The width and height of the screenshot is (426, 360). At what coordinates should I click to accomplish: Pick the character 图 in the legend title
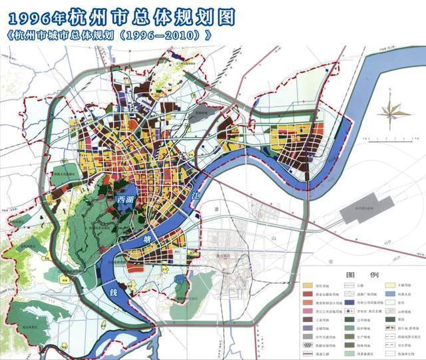click(x=350, y=275)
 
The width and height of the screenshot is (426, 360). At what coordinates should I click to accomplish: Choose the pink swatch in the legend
click(x=308, y=311)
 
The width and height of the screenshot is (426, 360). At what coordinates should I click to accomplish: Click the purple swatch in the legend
click(x=308, y=328)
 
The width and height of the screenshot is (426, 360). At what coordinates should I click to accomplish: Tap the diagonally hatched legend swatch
click(x=308, y=345)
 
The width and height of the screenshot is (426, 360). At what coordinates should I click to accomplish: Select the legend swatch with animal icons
click(x=390, y=328)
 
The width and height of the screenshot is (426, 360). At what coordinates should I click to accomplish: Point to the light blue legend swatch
click(x=390, y=293)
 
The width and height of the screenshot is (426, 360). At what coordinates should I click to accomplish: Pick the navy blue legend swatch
click(x=349, y=303)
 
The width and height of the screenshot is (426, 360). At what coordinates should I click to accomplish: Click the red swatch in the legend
click(x=308, y=293)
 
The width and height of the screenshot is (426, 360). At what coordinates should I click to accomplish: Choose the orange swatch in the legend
click(x=308, y=303)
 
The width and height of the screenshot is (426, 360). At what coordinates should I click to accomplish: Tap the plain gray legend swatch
click(x=308, y=337)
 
